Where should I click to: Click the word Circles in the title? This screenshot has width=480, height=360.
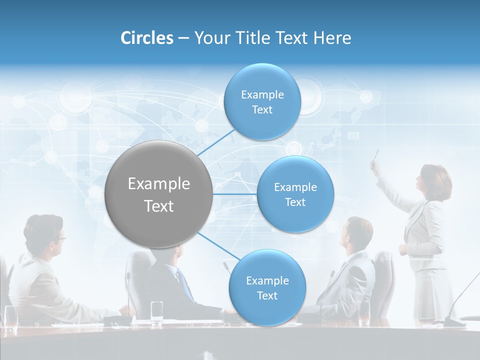146,38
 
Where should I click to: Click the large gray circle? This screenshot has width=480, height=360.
158,194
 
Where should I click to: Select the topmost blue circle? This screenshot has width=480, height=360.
262,101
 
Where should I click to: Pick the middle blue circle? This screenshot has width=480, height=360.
295,194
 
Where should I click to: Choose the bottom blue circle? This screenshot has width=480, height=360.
267,287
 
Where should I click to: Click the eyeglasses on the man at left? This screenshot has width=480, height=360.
60,238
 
